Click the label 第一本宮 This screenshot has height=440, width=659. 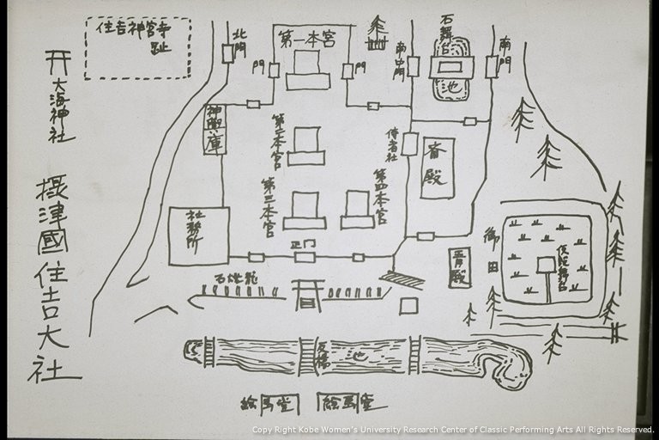[x=305, y=38]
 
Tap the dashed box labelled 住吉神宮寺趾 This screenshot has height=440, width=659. [x=137, y=47]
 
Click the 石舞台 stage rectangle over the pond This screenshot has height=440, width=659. [x=451, y=66]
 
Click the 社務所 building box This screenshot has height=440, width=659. [x=198, y=235]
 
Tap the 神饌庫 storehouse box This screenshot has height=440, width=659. [x=214, y=130]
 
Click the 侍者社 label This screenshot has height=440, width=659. [x=391, y=145]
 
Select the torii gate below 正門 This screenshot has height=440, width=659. [x=306, y=295]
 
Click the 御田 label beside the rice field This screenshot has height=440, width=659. [x=492, y=249]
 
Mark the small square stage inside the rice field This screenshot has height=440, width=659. [x=546, y=265]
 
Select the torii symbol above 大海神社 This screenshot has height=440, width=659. [x=57, y=63]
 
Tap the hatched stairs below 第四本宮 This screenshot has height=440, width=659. [x=402, y=279]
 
